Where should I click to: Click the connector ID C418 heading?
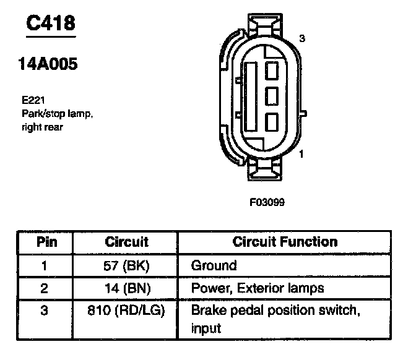(x=51, y=23)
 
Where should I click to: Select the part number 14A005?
(x=48, y=64)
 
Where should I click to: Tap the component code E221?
(x=33, y=100)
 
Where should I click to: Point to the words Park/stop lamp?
(x=58, y=114)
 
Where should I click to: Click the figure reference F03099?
(x=267, y=202)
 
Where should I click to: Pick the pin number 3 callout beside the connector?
(x=302, y=39)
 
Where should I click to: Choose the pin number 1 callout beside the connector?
(x=301, y=154)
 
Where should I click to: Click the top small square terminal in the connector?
(x=272, y=71)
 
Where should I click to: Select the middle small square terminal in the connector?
(x=272, y=96)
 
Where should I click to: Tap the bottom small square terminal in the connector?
(x=272, y=122)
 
